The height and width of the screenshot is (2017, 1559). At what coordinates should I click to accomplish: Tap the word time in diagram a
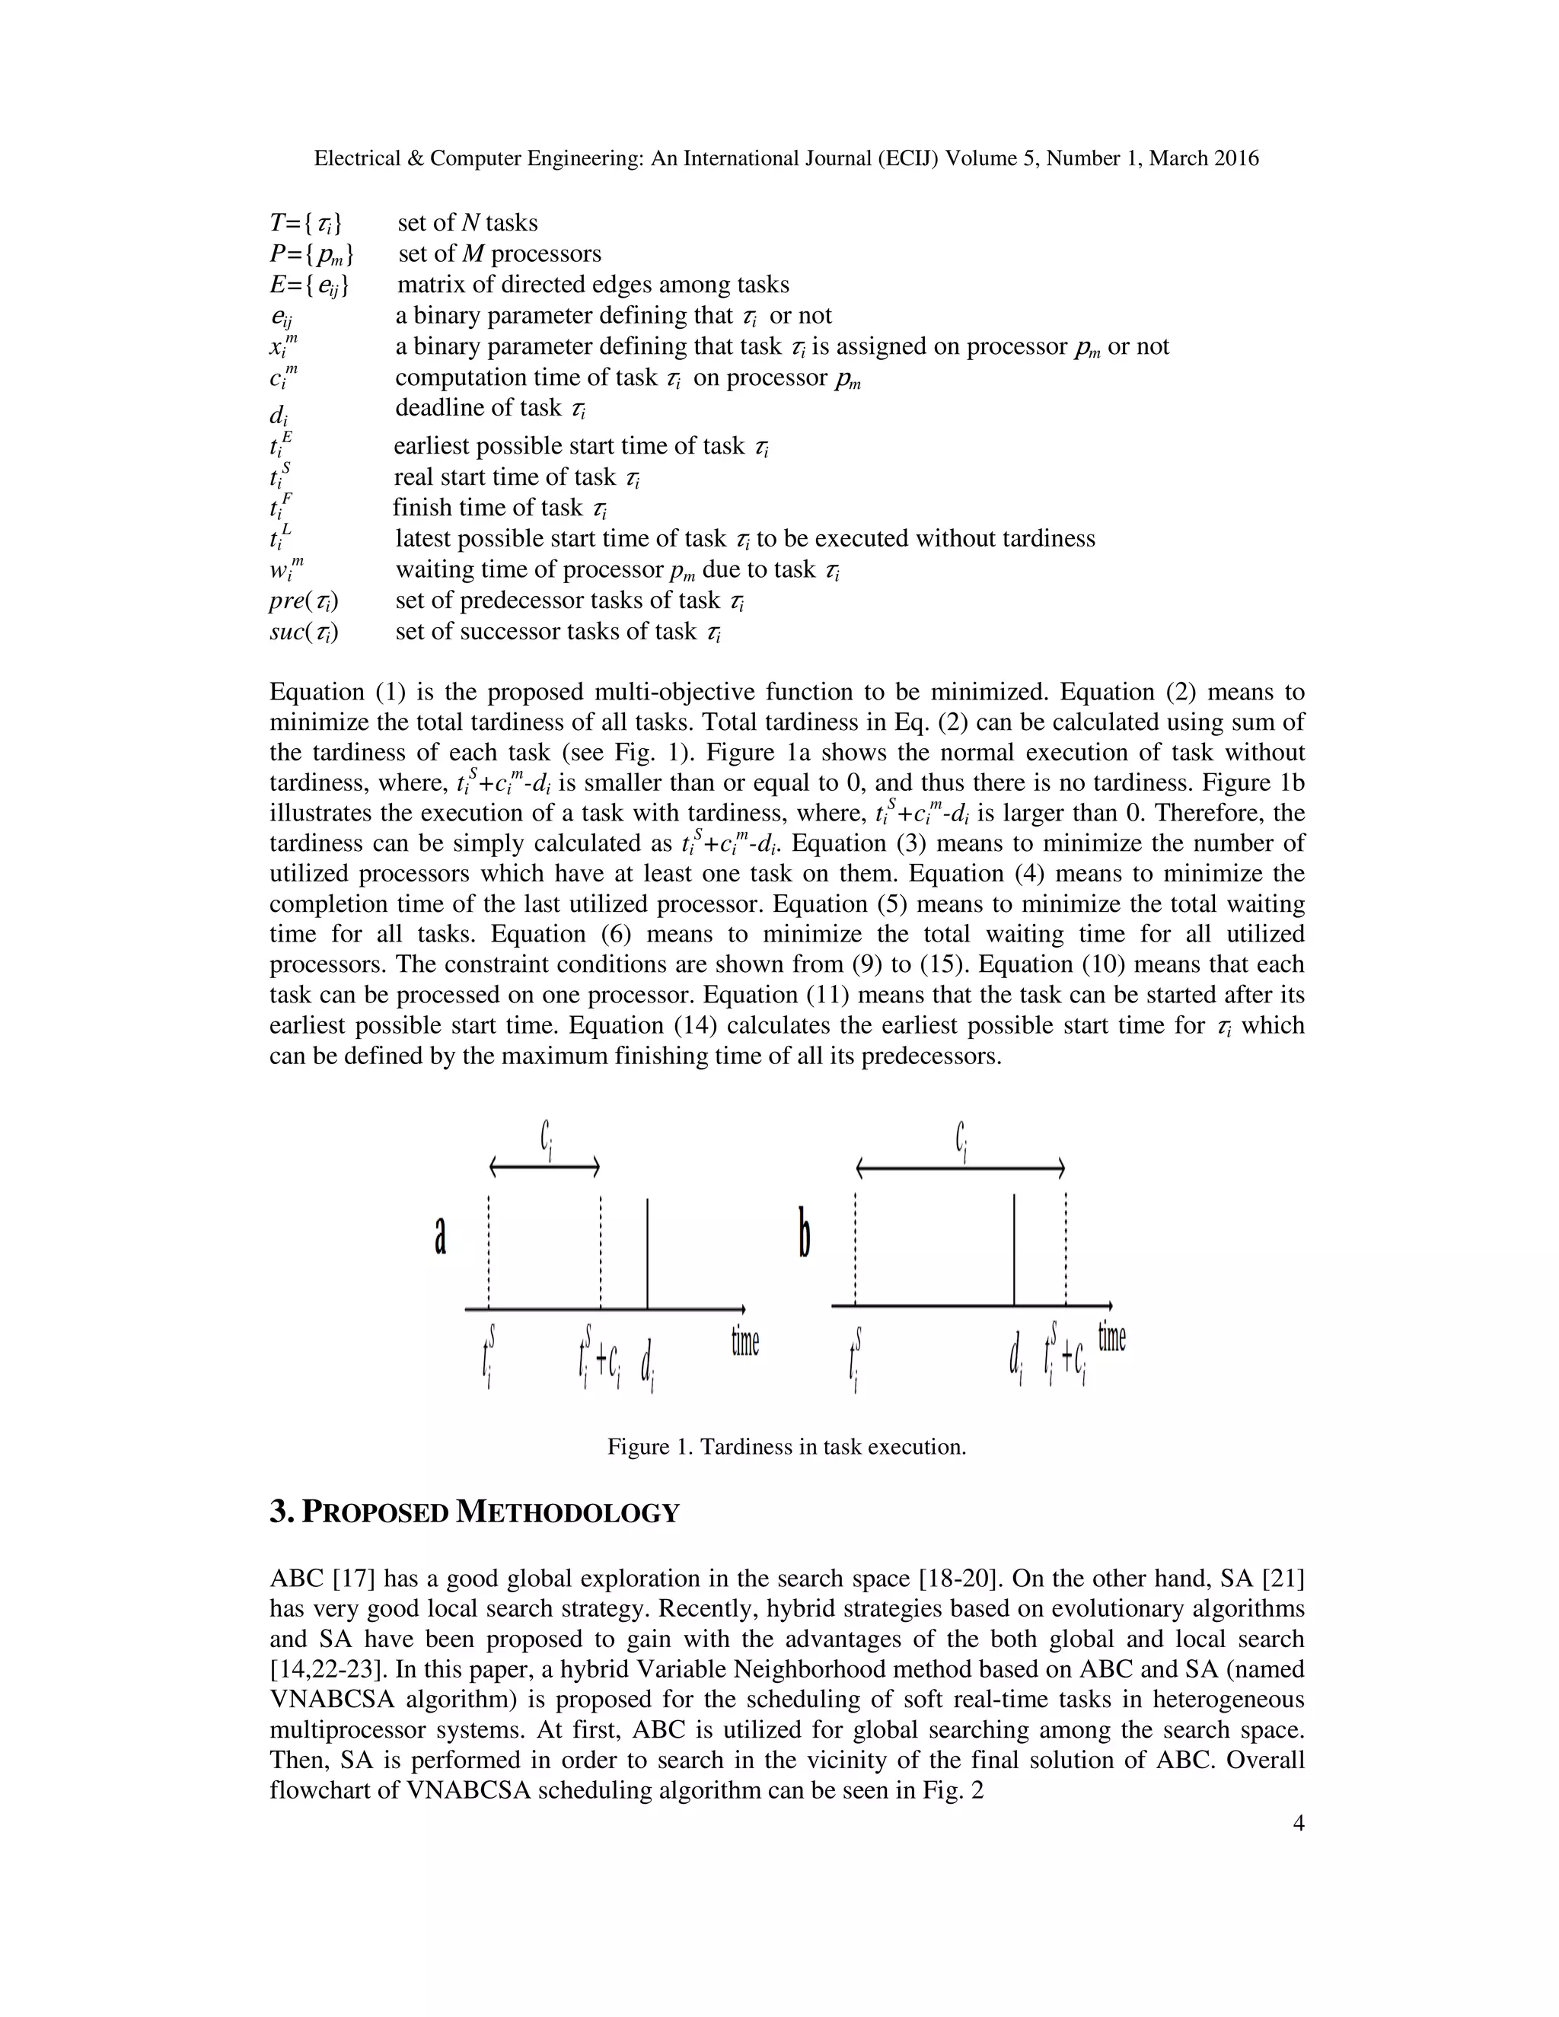[744, 1341]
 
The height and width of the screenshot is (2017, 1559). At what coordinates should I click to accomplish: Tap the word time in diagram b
[1111, 1336]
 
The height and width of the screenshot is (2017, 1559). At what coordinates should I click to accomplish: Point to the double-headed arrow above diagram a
[544, 1168]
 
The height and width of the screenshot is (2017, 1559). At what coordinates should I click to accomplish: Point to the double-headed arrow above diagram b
[961, 1169]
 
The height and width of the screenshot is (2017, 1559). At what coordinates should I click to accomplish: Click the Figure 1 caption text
[786, 1446]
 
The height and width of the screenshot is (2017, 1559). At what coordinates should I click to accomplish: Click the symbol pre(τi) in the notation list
[304, 601]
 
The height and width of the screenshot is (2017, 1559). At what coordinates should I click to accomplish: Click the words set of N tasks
[467, 222]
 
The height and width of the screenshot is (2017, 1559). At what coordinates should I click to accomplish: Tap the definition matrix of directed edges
[593, 285]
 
